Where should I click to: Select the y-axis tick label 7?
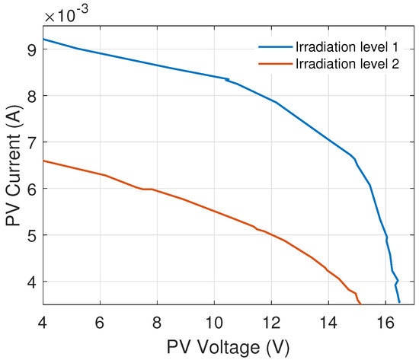[x=30, y=142]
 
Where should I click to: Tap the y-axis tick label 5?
[x=30, y=235]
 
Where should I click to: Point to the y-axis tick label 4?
[x=30, y=282]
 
